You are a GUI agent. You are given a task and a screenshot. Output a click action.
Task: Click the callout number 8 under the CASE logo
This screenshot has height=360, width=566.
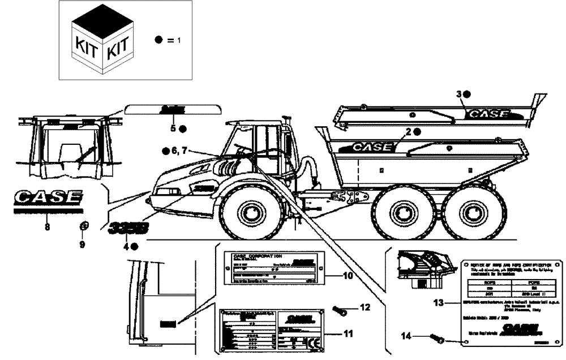coord(47,228)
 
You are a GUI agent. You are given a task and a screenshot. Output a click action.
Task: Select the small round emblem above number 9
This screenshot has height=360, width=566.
coord(83,226)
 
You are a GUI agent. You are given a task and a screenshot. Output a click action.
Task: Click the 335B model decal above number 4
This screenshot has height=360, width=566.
coord(129,228)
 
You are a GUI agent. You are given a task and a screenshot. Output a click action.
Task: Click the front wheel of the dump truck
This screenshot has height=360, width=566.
coord(250,212)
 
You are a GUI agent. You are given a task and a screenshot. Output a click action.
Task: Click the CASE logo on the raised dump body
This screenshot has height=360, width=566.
coord(487,114)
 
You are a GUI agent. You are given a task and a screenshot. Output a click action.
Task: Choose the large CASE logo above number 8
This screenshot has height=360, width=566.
coord(48,199)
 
